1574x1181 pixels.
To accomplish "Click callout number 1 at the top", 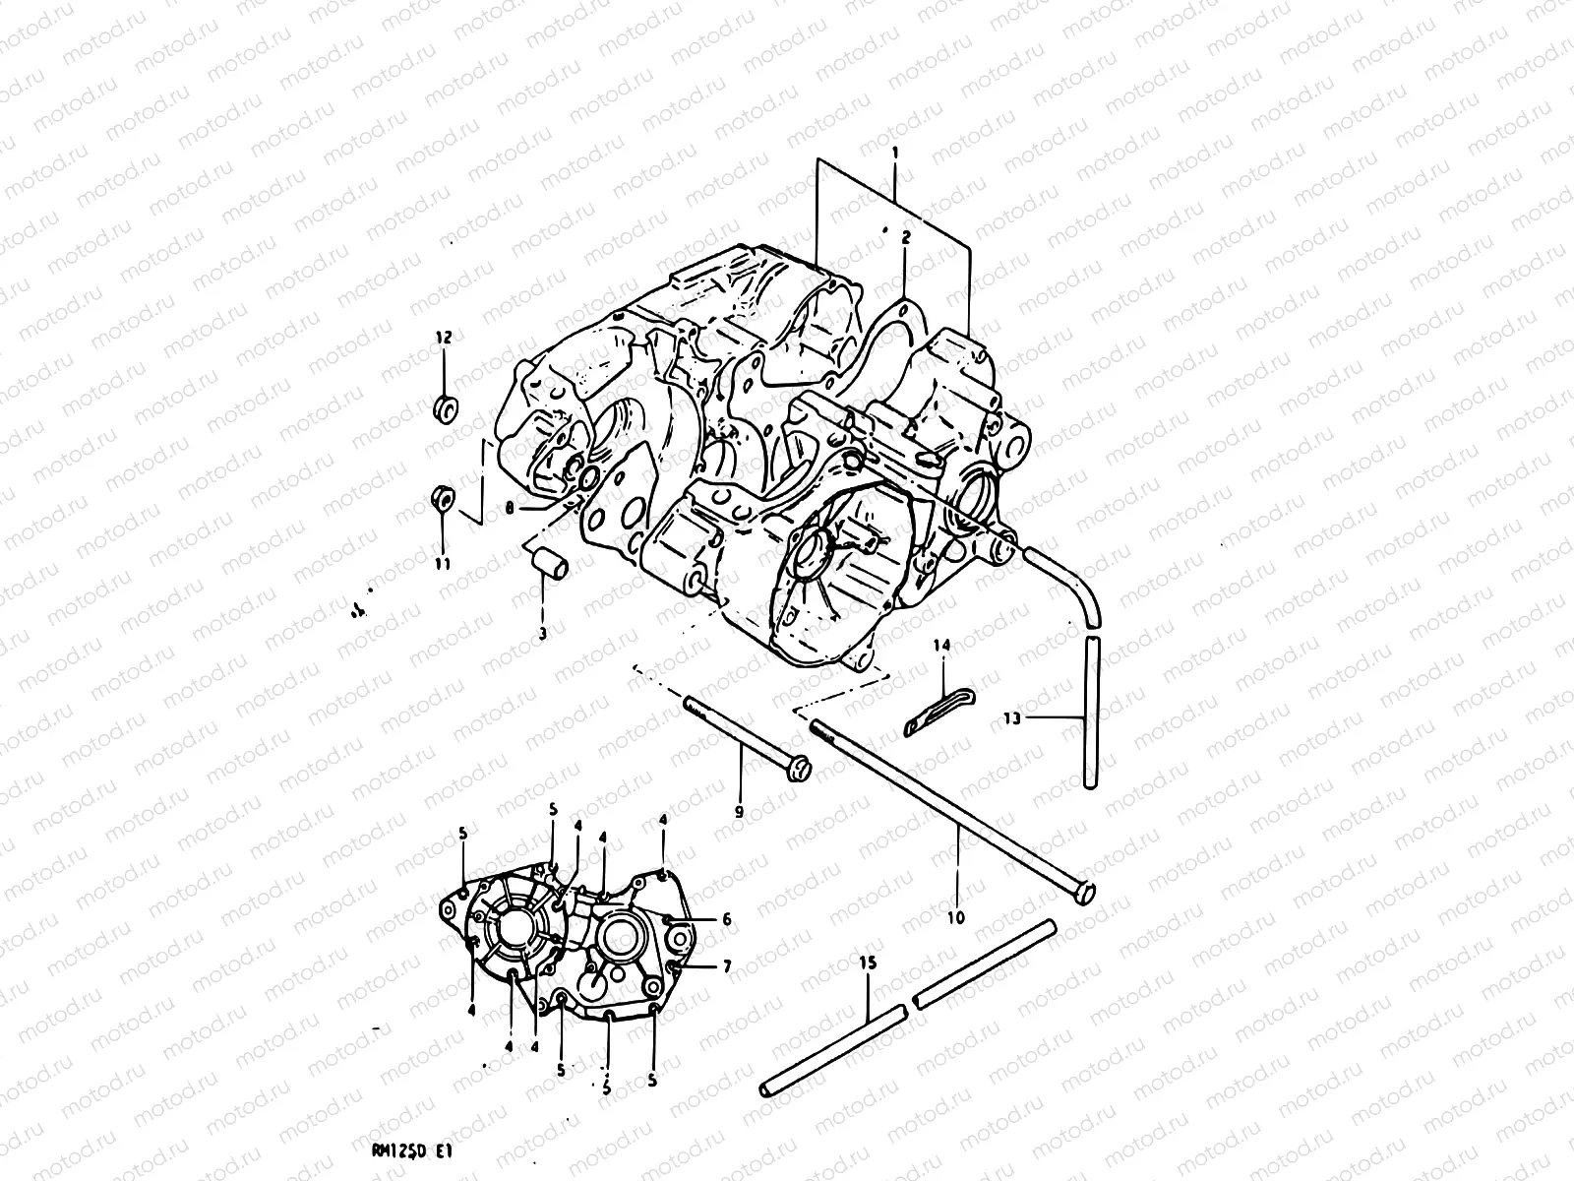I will click(x=894, y=154).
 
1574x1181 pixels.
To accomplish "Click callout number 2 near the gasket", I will click(x=905, y=237).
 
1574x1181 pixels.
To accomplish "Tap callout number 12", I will click(x=443, y=338).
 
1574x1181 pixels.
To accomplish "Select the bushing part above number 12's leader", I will click(x=445, y=406).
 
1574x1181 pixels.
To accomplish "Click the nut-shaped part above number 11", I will click(x=443, y=499).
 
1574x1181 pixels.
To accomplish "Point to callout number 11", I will click(x=443, y=564).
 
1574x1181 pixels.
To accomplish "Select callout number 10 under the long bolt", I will click(x=956, y=917).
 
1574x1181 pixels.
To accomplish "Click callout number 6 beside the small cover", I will click(x=726, y=919).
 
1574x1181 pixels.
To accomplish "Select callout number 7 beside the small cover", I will click(x=726, y=966).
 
